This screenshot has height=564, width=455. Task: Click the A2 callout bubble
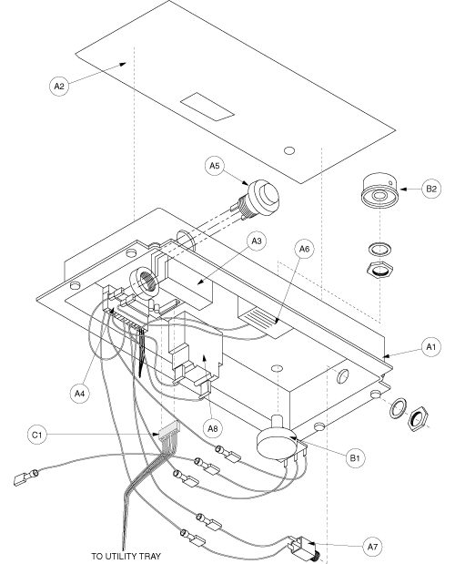(x=58, y=87)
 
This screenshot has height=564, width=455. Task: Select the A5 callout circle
(x=214, y=167)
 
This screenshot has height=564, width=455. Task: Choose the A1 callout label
(x=407, y=346)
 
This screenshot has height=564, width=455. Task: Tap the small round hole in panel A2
(x=288, y=149)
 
